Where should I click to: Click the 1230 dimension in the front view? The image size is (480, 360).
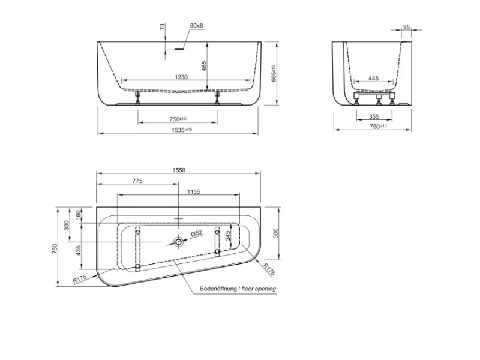pos(181,77)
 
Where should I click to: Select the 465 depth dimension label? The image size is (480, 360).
pos(204,66)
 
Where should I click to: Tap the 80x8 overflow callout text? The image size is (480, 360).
pos(197,25)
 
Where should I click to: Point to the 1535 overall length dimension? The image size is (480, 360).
pos(182,130)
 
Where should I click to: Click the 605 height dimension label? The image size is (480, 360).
pos(274,73)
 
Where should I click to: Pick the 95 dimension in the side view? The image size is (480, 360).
pos(406,27)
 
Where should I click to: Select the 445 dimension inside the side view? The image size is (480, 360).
pos(373,79)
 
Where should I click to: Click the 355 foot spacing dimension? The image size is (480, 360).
pos(374,116)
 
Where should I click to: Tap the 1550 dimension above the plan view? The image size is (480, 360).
pos(179,170)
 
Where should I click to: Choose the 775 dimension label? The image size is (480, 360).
pos(137,181)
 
